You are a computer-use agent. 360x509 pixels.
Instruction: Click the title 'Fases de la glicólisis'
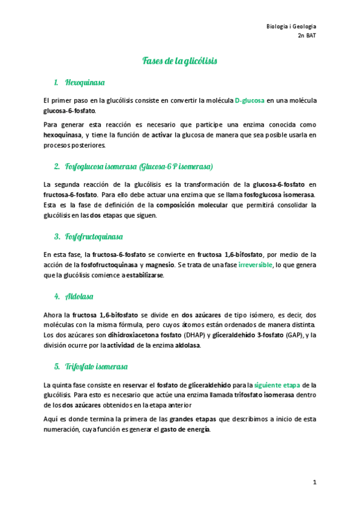(179, 61)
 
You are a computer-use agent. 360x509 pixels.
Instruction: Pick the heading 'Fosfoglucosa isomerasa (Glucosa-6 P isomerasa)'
(139, 166)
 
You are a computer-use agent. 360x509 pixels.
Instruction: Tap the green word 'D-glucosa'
(249, 100)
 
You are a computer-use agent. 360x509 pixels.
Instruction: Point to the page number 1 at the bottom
(314, 482)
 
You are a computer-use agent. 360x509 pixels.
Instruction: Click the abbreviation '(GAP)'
(294, 335)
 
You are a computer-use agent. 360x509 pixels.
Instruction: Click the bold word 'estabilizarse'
(144, 276)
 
